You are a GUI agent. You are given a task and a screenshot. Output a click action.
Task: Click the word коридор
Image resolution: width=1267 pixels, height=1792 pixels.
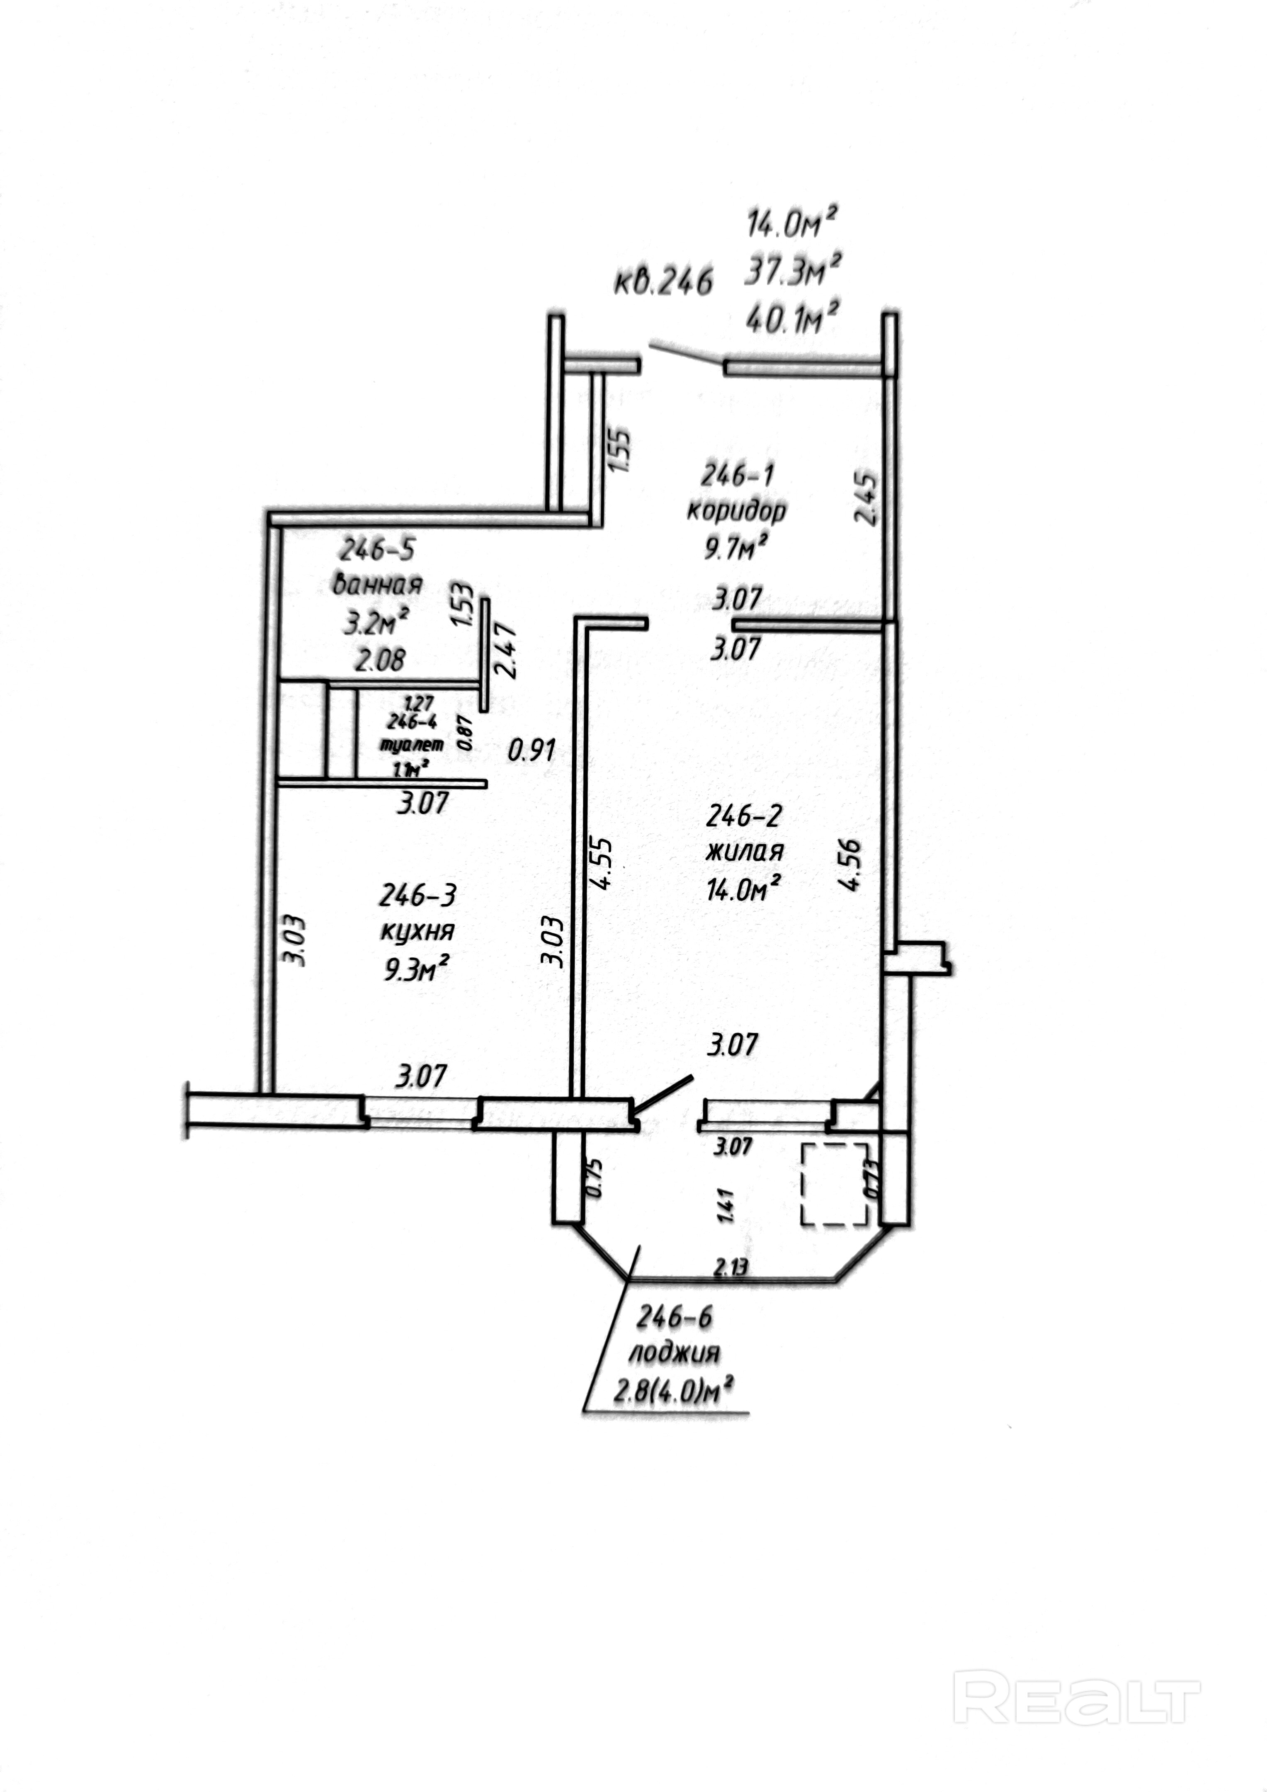pos(736,510)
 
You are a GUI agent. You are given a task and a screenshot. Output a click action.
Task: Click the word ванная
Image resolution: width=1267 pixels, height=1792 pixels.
pos(378,584)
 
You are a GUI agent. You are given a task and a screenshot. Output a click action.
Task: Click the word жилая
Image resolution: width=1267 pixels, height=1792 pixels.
pos(744,851)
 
